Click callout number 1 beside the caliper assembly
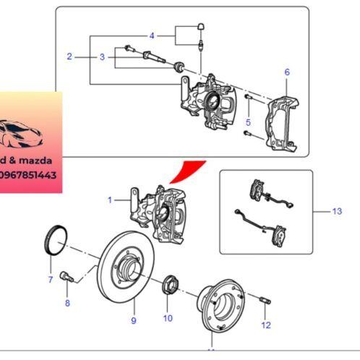coord(110,200)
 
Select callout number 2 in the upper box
coord(69,56)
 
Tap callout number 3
coord(102,56)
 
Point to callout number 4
coord(152,35)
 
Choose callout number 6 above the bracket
coord(286,72)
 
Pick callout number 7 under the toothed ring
coord(50,278)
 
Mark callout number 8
coord(67,303)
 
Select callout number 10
coord(168,318)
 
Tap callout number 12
coord(266,326)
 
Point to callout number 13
coord(335,211)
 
